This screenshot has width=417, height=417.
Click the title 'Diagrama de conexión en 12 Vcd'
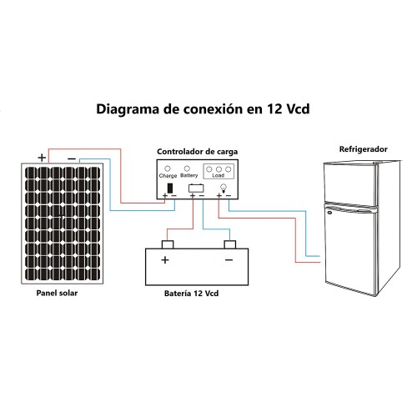point(203,109)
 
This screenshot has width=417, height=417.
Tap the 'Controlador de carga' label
point(198,152)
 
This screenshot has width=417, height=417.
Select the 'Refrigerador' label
point(364,149)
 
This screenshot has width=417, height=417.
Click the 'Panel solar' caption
point(57,293)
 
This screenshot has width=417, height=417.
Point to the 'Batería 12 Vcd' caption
point(191,294)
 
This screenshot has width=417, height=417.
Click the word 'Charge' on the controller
point(168,176)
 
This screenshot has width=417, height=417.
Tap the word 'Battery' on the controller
point(189,175)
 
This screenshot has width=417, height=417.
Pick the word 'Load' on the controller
point(219,175)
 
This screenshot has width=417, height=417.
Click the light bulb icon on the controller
point(224,188)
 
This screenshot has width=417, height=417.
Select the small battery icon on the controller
point(196,188)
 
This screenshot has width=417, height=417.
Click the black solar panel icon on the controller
point(170,188)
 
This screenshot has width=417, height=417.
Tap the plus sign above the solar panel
point(42,158)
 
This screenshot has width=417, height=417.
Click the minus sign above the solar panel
point(72,158)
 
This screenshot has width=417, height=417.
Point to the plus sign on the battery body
point(165,260)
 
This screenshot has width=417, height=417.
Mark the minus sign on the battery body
point(229,260)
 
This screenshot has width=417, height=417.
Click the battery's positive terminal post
point(168,244)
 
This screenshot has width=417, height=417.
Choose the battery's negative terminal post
point(230,244)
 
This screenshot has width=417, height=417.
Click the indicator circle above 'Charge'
point(168,168)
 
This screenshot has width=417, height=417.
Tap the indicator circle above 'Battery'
point(187,168)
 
